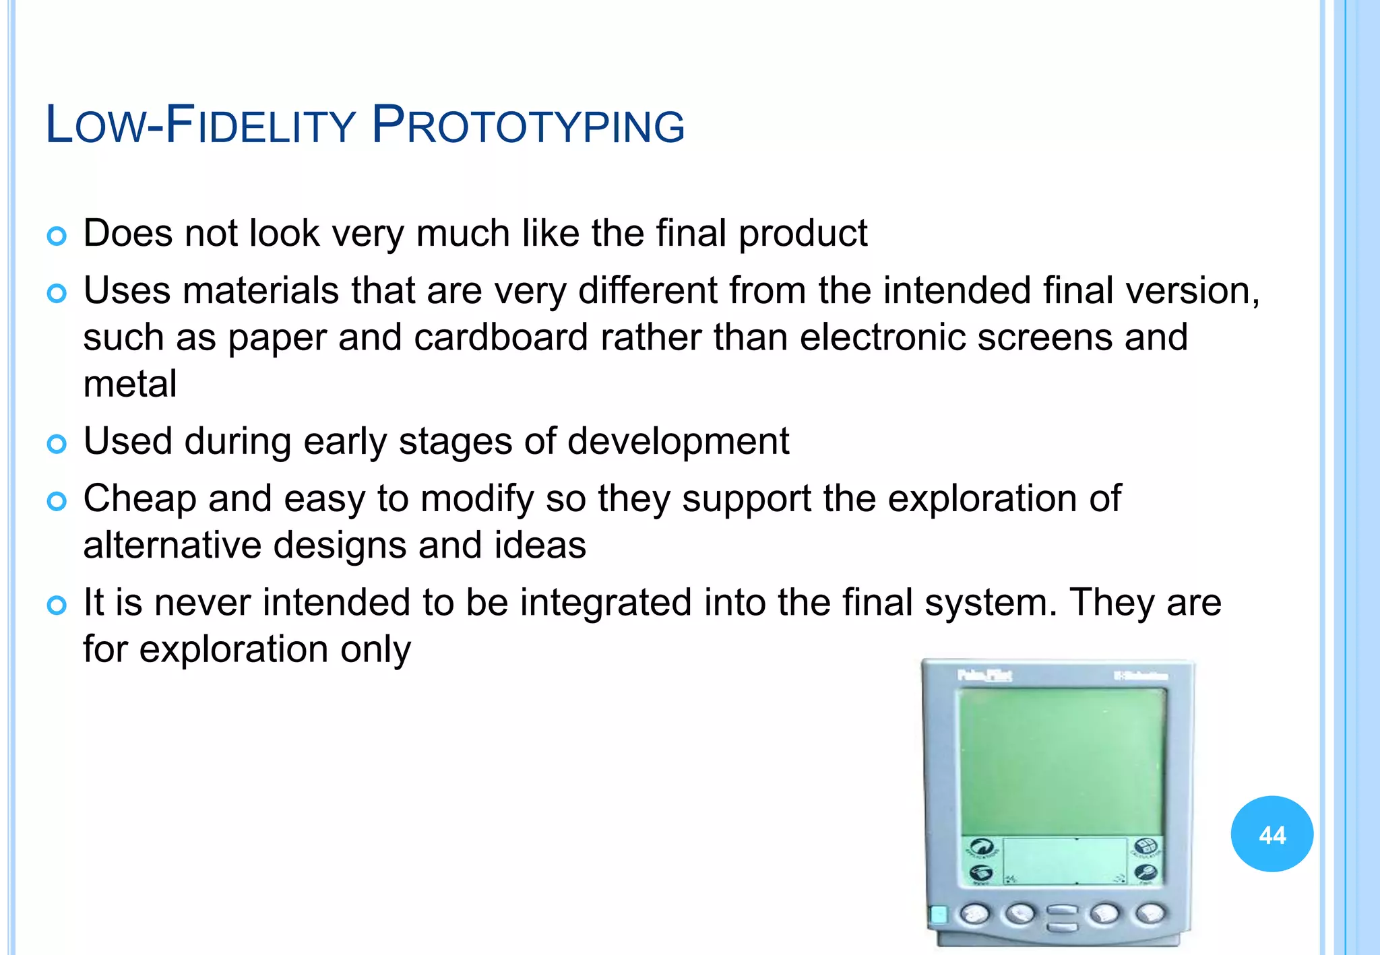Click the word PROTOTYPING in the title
pos(528,125)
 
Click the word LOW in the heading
pos(94,125)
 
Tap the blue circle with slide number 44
pos(1272,834)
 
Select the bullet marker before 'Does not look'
pos(57,236)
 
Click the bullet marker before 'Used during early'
pos(57,444)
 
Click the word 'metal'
pos(130,384)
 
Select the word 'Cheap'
pos(139,499)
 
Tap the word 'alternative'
pos(172,545)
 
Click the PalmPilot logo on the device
pos(984,675)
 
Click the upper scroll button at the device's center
pos(1062,910)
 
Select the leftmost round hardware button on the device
pos(974,914)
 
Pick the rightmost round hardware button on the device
pos(1151,914)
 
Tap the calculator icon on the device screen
pos(1146,847)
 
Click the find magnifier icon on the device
pos(1145,874)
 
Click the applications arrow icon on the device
pos(982,847)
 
